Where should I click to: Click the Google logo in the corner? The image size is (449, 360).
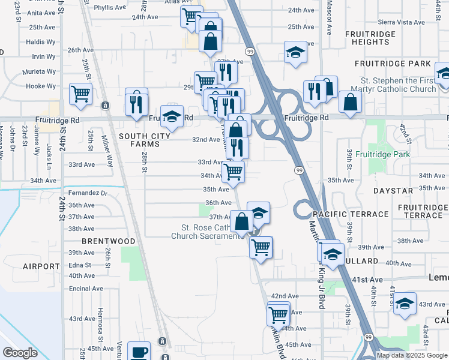(20, 353)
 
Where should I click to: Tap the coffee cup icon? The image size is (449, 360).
(140, 352)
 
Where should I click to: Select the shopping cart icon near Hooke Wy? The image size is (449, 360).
(80, 94)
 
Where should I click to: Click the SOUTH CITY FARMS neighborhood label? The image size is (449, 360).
(142, 140)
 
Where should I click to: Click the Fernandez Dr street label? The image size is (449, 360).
(87, 193)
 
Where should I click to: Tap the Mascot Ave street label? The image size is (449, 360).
(328, 18)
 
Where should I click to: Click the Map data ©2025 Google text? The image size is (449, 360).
(412, 355)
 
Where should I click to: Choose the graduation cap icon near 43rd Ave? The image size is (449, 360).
(405, 303)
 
